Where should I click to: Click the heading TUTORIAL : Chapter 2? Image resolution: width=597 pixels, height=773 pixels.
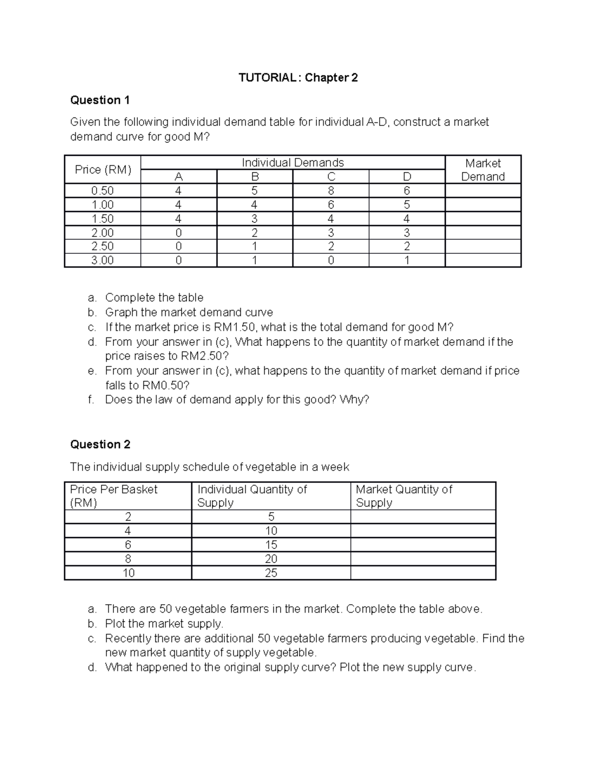298,78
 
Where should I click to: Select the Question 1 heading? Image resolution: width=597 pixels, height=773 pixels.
100,100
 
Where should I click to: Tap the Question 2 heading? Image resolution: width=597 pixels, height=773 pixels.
100,444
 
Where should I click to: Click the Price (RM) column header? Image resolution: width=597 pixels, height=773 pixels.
103,170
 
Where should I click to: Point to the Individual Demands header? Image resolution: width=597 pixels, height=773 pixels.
293,163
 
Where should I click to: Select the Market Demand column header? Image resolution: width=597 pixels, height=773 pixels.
483,170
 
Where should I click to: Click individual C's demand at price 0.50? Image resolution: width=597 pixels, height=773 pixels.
331,191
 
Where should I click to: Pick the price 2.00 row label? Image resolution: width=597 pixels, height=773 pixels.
102,232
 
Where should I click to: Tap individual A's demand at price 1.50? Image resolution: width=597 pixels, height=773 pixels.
179,219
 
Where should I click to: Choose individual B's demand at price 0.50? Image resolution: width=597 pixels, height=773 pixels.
255,191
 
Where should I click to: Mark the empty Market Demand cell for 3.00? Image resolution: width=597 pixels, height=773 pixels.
483,260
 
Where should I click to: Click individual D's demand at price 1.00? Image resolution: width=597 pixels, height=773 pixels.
406,205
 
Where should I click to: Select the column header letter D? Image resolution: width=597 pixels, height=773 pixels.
406,177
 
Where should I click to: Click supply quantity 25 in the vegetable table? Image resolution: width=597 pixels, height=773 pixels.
271,573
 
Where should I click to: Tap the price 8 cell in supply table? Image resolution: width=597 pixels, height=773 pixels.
128,559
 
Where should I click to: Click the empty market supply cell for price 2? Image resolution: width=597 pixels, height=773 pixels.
423,517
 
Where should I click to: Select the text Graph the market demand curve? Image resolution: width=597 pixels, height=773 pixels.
189,313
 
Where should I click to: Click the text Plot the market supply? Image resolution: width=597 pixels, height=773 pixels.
164,624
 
